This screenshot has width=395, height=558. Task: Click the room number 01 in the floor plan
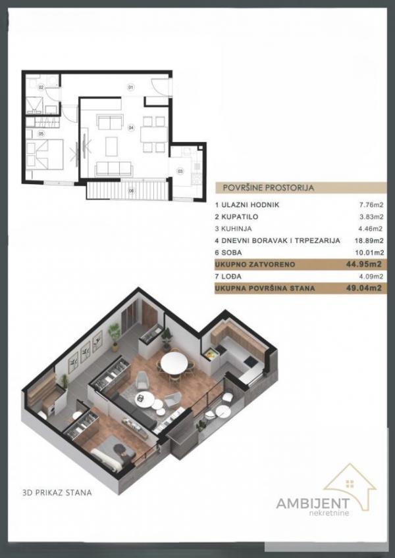pyautogui.click(x=130, y=87)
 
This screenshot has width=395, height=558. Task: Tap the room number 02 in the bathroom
pyautogui.click(x=40, y=87)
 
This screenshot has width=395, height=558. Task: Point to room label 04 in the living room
pyautogui.click(x=131, y=127)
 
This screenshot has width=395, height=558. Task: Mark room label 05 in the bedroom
pyautogui.click(x=41, y=134)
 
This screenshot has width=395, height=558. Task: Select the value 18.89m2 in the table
pyautogui.click(x=370, y=241)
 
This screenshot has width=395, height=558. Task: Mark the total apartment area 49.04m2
pyautogui.click(x=368, y=288)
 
